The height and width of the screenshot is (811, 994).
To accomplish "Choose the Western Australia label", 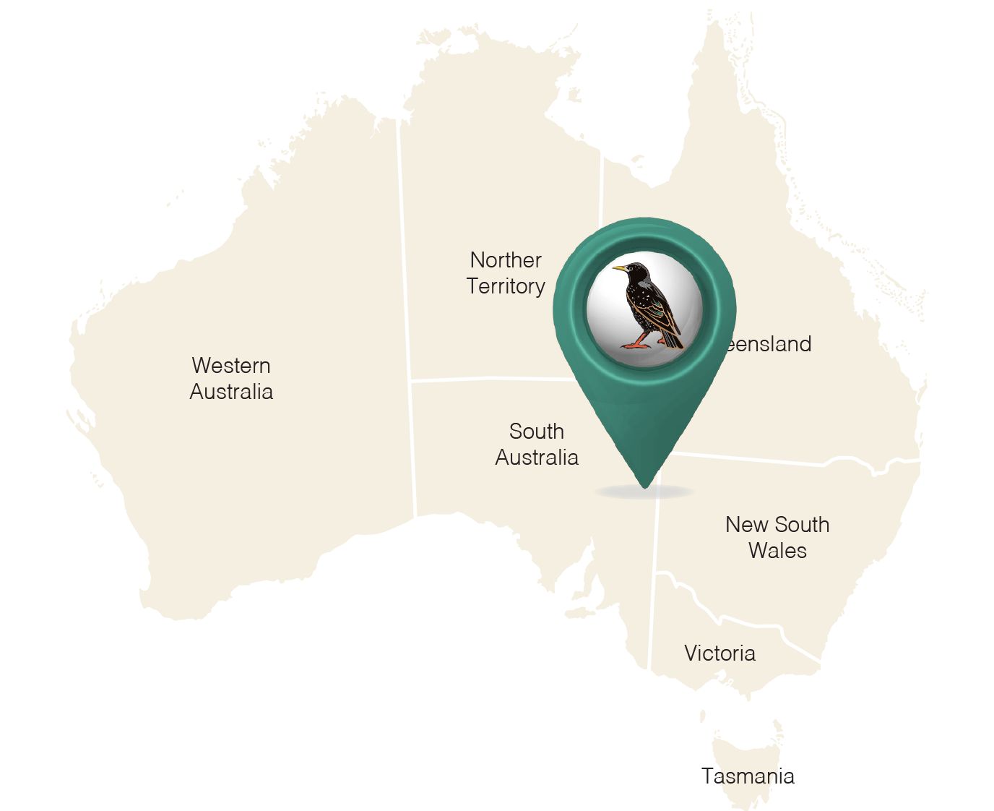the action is click(x=231, y=378).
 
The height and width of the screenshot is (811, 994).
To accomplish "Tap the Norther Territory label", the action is click(x=506, y=273).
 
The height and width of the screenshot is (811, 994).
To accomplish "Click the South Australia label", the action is click(x=537, y=445).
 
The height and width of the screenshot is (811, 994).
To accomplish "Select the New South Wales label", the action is click(x=777, y=537).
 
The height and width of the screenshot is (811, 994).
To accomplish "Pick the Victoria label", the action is click(x=719, y=653).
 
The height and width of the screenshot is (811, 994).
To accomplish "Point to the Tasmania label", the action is click(x=748, y=776).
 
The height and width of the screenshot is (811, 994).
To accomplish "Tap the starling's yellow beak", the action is click(x=620, y=270).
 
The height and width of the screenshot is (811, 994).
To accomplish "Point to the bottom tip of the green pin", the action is click(x=645, y=486).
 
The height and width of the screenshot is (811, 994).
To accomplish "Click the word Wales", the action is click(x=777, y=551).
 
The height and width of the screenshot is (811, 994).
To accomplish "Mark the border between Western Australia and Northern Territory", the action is click(x=404, y=246).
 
